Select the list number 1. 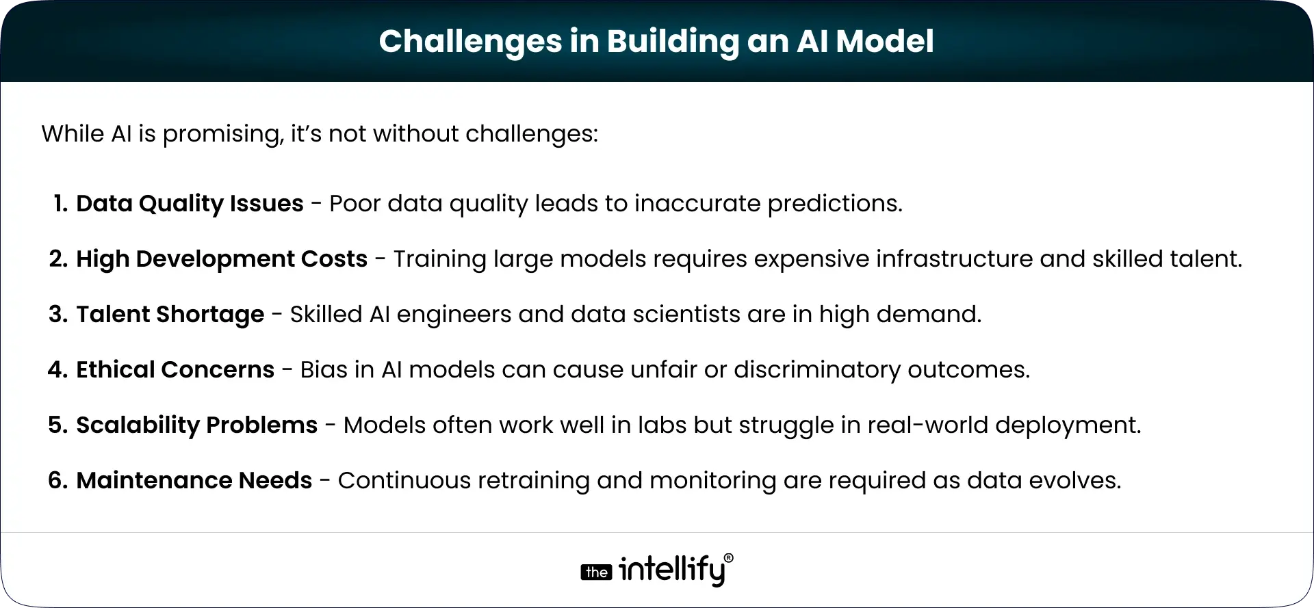click(x=60, y=203)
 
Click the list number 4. click(x=57, y=369)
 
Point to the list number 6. click(x=57, y=480)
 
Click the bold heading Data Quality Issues click(x=190, y=203)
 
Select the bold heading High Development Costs click(x=222, y=259)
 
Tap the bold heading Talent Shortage click(x=170, y=314)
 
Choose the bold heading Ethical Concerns click(x=175, y=369)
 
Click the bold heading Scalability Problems click(x=196, y=425)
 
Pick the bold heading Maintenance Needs click(x=194, y=480)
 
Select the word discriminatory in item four click(x=817, y=369)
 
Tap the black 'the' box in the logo click(x=596, y=572)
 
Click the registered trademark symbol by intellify click(x=728, y=558)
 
